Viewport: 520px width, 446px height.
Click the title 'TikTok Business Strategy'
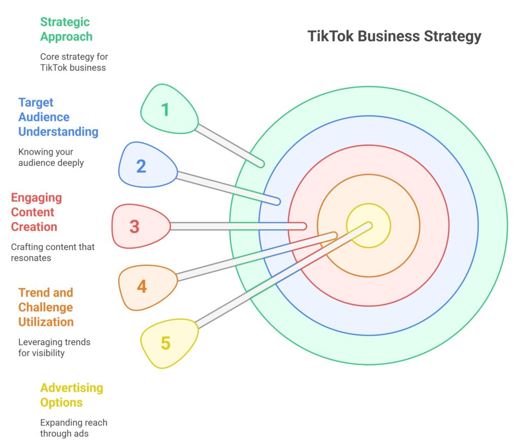click(x=394, y=37)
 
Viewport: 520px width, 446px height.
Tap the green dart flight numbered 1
click(x=169, y=109)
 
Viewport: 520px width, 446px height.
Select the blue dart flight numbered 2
click(x=147, y=165)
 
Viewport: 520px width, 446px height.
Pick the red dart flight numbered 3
click(x=141, y=226)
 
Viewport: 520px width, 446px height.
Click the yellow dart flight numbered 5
click(x=169, y=343)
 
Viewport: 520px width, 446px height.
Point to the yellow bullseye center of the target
click(x=369, y=226)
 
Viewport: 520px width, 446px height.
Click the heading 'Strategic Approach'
click(x=66, y=29)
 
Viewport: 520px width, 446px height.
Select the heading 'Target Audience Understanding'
click(x=58, y=117)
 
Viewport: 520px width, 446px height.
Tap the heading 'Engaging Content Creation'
click(x=37, y=212)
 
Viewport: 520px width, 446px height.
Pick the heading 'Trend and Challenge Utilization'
click(x=46, y=307)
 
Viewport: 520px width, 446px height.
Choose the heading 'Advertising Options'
click(x=72, y=395)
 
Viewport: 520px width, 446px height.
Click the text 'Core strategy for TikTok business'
click(x=74, y=62)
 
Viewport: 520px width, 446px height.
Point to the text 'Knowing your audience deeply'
click(x=51, y=157)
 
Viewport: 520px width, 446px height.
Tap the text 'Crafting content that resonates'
click(x=53, y=252)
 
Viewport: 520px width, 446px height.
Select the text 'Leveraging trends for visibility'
click(x=54, y=347)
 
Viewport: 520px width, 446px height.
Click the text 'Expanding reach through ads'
click(x=74, y=428)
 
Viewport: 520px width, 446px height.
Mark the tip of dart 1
click(x=263, y=164)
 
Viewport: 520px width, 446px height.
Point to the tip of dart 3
click(x=305, y=226)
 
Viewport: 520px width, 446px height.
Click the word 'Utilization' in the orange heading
click(x=46, y=322)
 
